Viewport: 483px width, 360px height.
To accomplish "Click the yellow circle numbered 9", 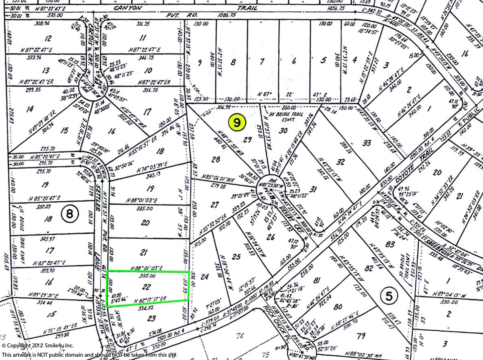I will [x=237, y=122].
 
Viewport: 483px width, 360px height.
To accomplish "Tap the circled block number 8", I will [x=70, y=213].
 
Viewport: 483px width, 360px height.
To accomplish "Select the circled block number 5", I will [x=389, y=296].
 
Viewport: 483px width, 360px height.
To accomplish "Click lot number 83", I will [x=390, y=244].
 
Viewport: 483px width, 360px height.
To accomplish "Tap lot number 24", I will [x=205, y=277].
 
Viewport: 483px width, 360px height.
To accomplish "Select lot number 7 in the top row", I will [x=262, y=62].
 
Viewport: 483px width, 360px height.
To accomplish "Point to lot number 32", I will [x=341, y=162].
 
